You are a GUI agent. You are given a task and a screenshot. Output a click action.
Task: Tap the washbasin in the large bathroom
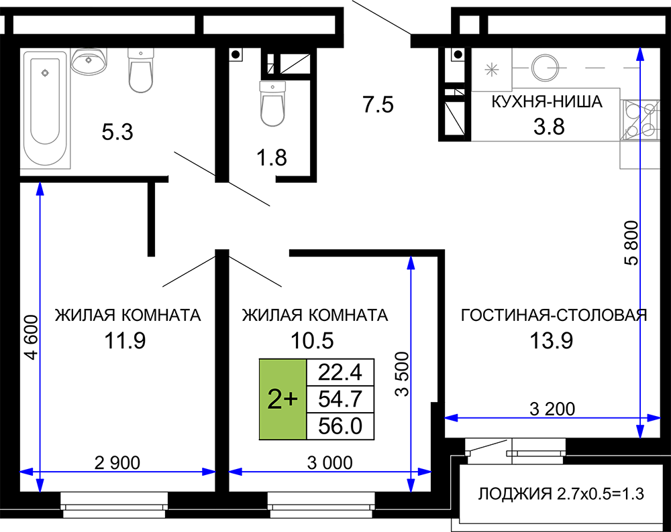(x=89, y=61)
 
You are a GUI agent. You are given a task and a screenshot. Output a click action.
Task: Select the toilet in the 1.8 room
(x=272, y=104)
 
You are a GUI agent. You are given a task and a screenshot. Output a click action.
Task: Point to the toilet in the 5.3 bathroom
(x=141, y=70)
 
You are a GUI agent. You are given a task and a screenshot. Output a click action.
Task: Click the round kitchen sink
(x=545, y=68)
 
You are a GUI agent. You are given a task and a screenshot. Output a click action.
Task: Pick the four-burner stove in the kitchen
(x=640, y=120)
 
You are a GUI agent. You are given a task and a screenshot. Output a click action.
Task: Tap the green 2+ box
(x=283, y=399)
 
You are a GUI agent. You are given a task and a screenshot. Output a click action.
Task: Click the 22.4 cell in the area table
(x=340, y=372)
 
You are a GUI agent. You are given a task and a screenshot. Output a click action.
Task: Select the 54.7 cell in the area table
(x=340, y=399)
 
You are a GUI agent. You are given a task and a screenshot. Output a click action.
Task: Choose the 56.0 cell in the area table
(x=340, y=426)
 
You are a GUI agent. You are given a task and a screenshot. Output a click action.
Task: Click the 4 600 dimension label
(x=32, y=337)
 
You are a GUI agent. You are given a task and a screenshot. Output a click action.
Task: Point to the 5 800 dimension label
(x=631, y=243)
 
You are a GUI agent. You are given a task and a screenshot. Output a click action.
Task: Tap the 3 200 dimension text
(x=552, y=409)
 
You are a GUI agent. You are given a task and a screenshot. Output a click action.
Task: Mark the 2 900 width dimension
(x=117, y=462)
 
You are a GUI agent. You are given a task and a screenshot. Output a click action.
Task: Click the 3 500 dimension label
(x=402, y=375)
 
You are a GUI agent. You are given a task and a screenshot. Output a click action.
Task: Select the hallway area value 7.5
(x=378, y=105)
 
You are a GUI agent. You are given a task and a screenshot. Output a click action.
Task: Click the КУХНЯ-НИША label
(x=547, y=102)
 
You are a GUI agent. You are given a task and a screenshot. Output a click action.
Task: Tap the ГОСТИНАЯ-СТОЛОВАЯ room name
(x=554, y=315)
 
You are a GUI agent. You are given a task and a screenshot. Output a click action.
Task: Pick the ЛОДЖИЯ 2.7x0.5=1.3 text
(x=561, y=494)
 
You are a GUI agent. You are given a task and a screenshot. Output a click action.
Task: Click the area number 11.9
(x=125, y=340)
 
